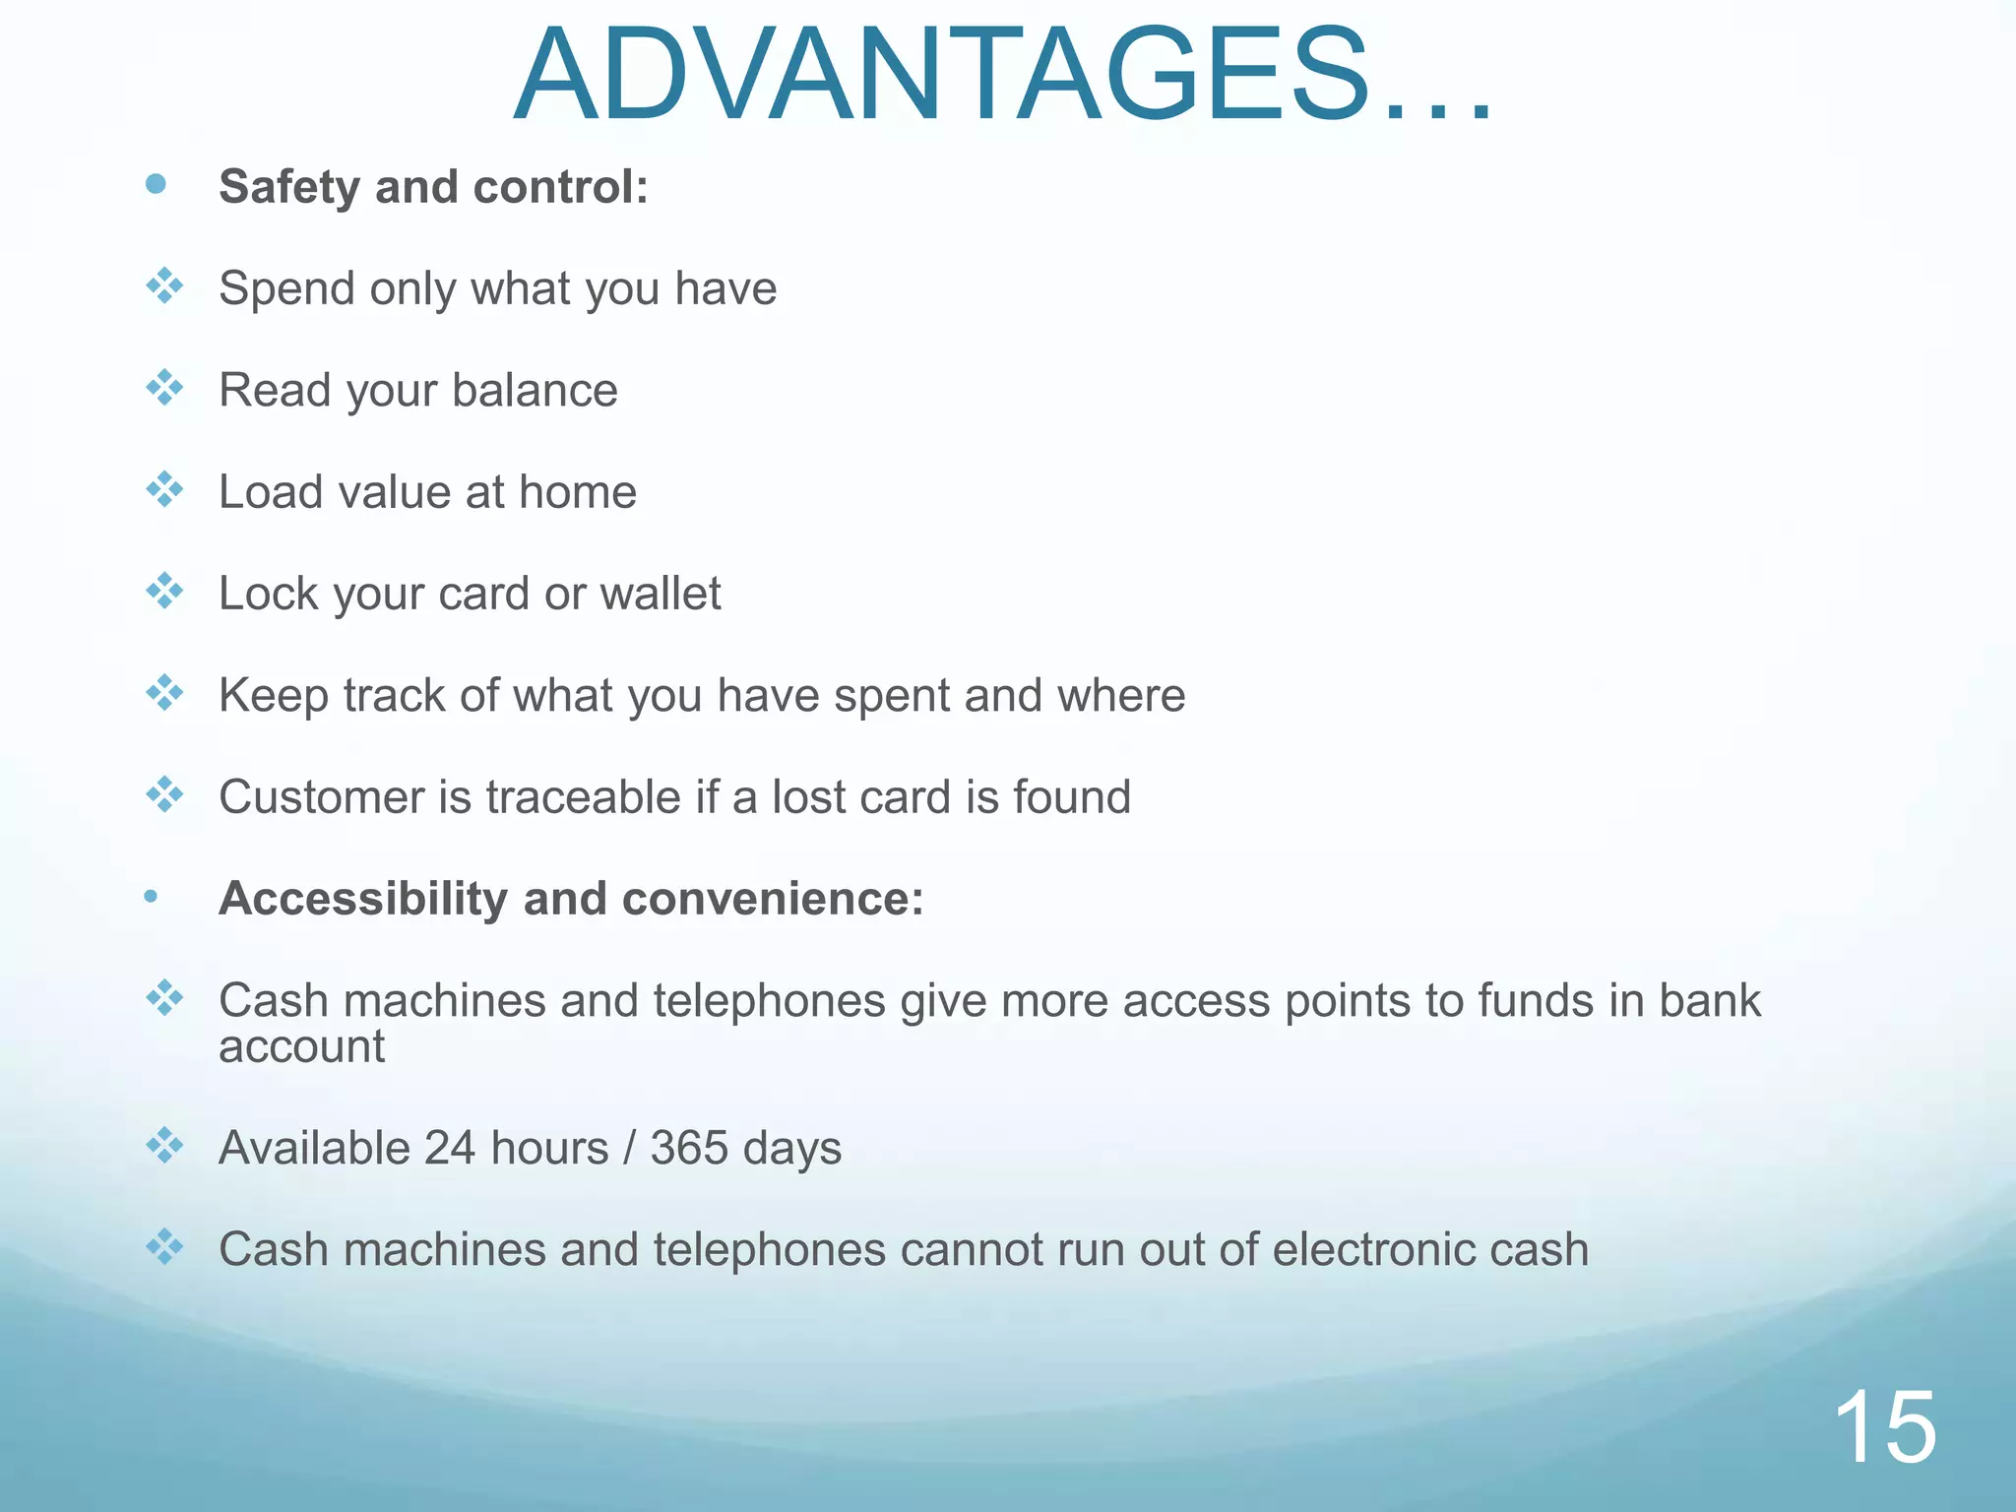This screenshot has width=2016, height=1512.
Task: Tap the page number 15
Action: point(1884,1427)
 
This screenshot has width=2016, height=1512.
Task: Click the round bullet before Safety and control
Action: point(156,184)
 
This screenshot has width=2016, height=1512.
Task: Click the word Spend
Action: point(286,289)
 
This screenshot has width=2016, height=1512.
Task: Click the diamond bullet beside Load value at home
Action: point(164,489)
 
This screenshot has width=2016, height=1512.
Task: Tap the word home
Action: point(578,492)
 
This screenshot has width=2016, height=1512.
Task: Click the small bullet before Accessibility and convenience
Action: point(151,896)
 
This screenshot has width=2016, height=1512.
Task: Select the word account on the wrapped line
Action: point(301,1047)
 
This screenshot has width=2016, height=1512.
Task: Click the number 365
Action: point(688,1149)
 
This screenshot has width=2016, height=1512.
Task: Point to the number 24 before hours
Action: point(450,1149)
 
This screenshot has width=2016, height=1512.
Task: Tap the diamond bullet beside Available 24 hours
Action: point(164,1146)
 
